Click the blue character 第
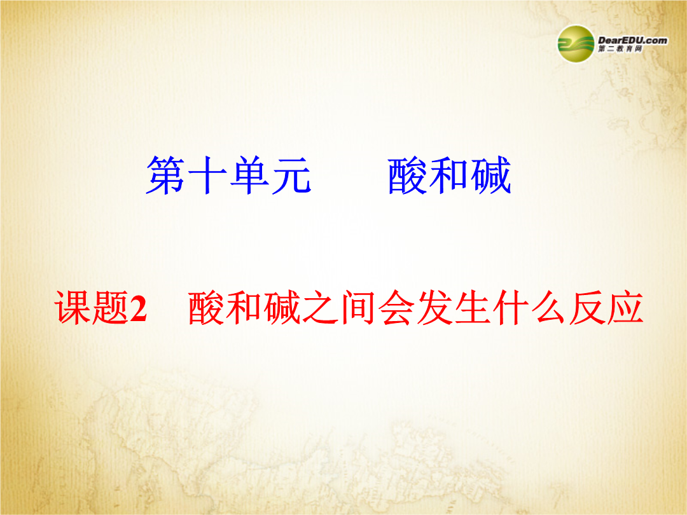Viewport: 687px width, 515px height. tap(165, 175)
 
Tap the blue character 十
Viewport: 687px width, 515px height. tap(207, 175)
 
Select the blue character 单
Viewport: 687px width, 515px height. tap(249, 175)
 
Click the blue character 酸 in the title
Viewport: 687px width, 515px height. tap(407, 175)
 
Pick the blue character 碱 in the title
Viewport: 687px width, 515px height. tap(490, 175)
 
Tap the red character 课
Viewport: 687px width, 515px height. tap(73, 308)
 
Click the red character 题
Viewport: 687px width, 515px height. tap(110, 308)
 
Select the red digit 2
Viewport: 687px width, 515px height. tap(138, 309)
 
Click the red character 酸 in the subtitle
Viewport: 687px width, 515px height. tap(207, 308)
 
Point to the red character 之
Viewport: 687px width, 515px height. tap(319, 308)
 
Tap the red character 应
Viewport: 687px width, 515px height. tap(625, 308)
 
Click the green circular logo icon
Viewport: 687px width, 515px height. tap(576, 44)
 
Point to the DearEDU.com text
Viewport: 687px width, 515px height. tap(633, 40)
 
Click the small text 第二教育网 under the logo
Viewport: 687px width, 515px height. tap(620, 49)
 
